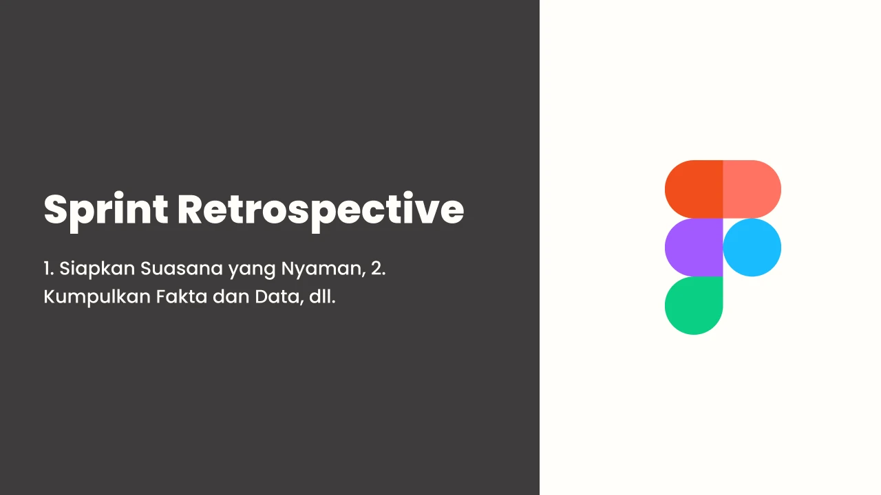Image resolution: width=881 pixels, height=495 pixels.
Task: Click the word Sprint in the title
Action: point(106,212)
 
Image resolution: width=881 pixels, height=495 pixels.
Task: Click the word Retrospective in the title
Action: point(321,212)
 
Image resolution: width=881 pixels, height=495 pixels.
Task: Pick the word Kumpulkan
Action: point(97,298)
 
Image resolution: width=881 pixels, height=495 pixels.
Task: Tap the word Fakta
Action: point(181,296)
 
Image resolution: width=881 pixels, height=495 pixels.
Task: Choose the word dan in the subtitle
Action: point(231,296)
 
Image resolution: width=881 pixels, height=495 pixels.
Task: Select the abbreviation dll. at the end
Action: point(323,296)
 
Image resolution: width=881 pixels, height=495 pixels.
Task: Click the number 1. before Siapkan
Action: point(49,269)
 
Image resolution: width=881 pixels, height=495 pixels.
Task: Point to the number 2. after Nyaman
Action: point(379,269)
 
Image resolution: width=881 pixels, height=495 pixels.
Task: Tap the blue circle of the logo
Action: point(752,247)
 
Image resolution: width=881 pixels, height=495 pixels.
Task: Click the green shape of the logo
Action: point(694,306)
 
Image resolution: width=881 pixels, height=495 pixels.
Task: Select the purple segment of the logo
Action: point(694,247)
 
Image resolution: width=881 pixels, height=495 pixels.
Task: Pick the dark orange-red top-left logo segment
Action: point(694,189)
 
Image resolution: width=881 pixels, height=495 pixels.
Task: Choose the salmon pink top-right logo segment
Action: point(752,189)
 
